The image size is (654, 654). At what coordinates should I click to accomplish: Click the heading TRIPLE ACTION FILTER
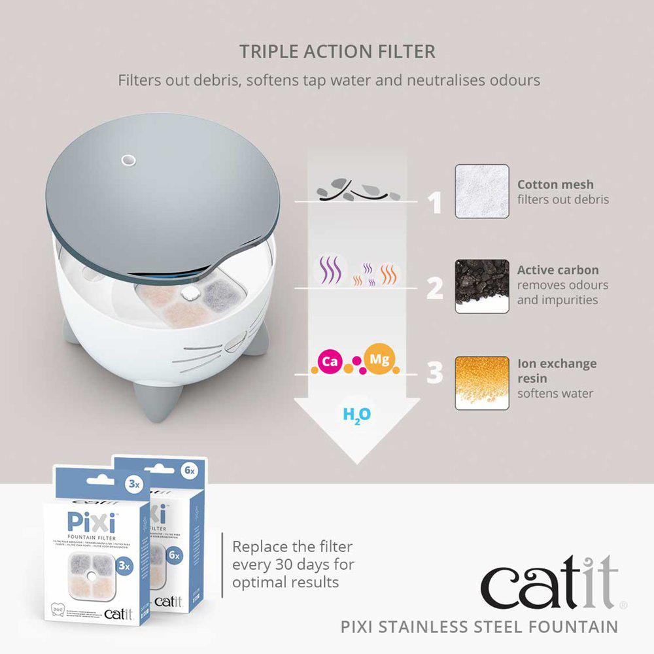tap(337, 52)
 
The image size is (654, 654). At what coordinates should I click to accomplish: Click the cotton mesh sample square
tap(482, 191)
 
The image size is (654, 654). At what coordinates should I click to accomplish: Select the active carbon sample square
tap(482, 286)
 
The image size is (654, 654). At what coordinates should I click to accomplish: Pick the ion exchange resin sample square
tap(482, 383)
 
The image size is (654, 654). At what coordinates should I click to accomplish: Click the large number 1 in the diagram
tap(434, 204)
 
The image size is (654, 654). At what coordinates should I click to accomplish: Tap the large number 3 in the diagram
tap(435, 373)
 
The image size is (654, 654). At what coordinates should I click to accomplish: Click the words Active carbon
tap(557, 270)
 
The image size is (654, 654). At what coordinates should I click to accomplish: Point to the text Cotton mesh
tap(555, 184)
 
